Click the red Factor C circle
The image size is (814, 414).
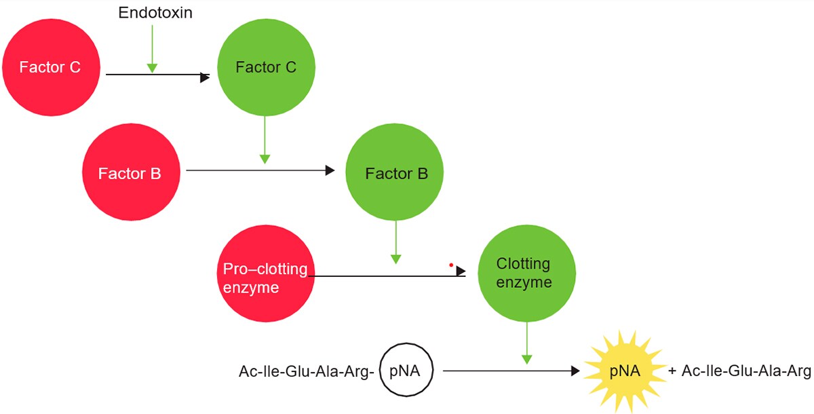(51, 68)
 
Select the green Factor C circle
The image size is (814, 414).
(266, 67)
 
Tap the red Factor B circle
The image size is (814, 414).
(130, 173)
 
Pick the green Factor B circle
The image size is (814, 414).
(396, 173)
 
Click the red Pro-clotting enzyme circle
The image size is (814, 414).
(265, 278)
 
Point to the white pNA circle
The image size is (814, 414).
(406, 371)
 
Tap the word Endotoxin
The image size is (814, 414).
(155, 13)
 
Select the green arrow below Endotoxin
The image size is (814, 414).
(152, 48)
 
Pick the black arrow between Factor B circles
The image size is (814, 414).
(260, 170)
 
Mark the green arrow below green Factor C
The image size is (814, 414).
(265, 139)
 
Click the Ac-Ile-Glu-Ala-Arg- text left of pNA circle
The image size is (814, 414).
(307, 372)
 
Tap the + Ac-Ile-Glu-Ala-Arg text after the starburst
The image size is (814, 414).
(739, 371)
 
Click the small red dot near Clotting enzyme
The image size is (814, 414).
(451, 265)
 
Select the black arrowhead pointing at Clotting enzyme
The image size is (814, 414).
(461, 271)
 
